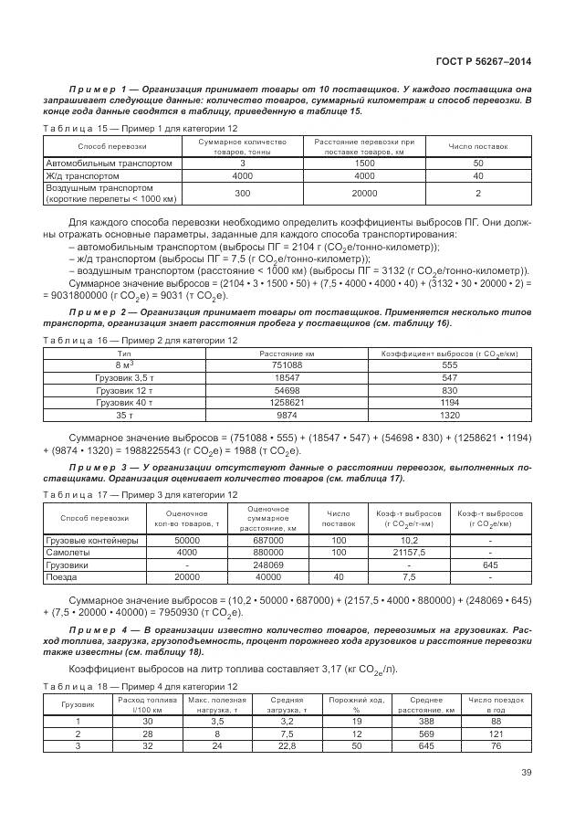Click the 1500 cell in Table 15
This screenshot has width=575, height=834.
click(x=364, y=163)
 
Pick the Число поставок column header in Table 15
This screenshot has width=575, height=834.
click(x=478, y=146)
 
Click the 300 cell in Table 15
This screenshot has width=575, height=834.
click(x=242, y=193)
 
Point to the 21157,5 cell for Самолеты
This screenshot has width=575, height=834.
click(x=409, y=552)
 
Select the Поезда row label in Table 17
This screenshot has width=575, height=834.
click(x=60, y=576)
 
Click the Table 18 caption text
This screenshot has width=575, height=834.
click(x=141, y=685)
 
